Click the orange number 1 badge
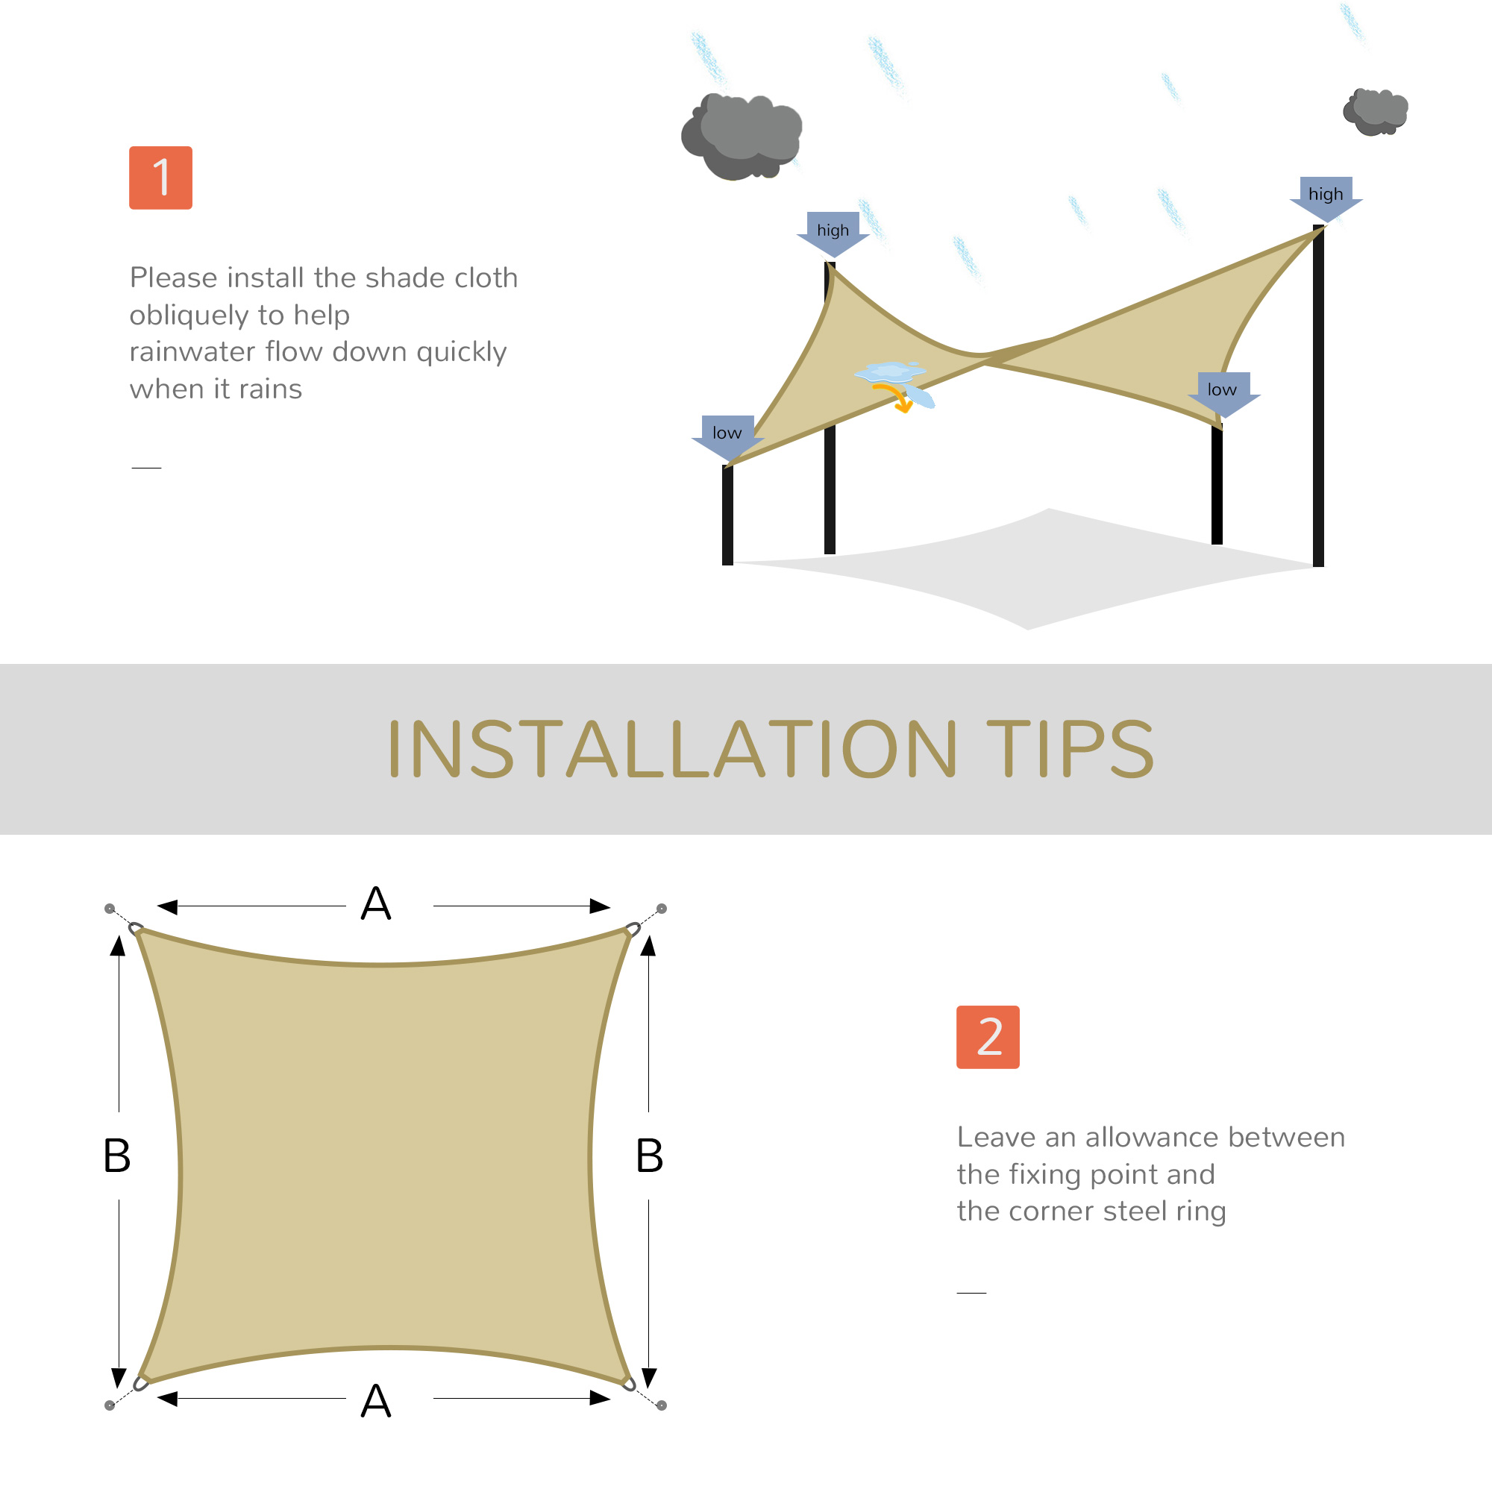(160, 178)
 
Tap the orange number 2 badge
(988, 1036)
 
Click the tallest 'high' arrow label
(1325, 196)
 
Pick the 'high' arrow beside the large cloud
(833, 232)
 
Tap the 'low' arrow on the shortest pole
(727, 435)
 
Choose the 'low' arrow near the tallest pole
(1223, 392)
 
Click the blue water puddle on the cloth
(890, 372)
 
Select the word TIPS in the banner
(1070, 749)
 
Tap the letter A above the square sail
(376, 903)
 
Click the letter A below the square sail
(376, 1401)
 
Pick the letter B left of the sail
(116, 1156)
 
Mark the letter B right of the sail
(650, 1156)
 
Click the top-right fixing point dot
(662, 909)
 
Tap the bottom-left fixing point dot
(110, 1405)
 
